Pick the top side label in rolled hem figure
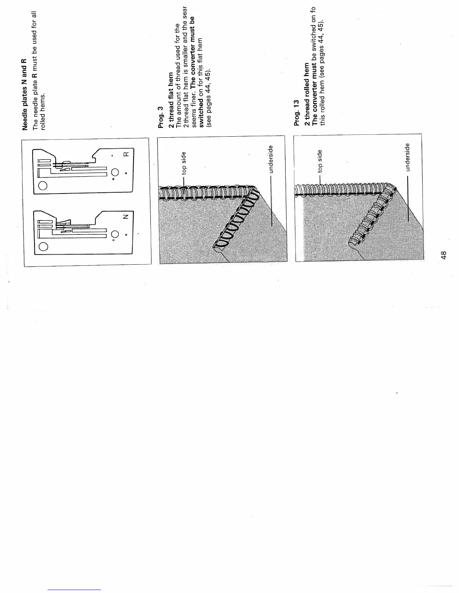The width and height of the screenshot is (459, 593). tap(319, 161)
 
